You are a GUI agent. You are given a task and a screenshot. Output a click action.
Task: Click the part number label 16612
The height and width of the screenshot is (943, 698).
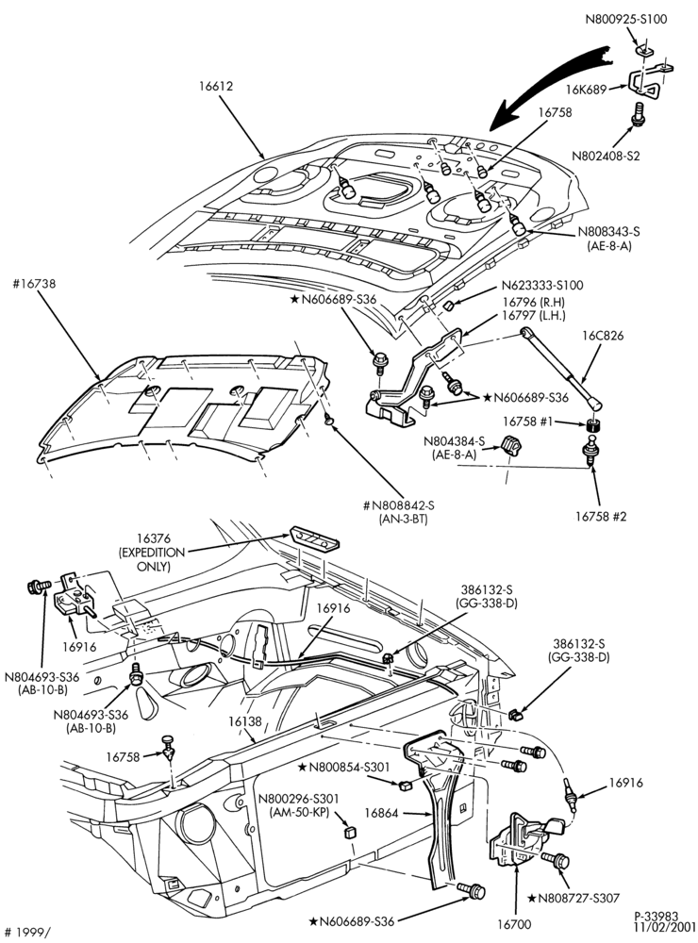(216, 86)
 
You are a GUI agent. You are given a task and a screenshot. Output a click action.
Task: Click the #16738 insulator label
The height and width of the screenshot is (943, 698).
(34, 283)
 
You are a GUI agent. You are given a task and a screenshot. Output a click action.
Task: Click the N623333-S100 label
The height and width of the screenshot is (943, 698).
(542, 286)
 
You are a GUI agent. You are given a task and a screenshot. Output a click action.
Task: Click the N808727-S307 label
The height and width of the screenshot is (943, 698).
(573, 898)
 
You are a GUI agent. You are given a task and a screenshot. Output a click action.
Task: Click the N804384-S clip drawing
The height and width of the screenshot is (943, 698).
(511, 447)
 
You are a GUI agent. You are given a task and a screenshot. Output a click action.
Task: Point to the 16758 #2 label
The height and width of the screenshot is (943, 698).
(601, 516)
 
